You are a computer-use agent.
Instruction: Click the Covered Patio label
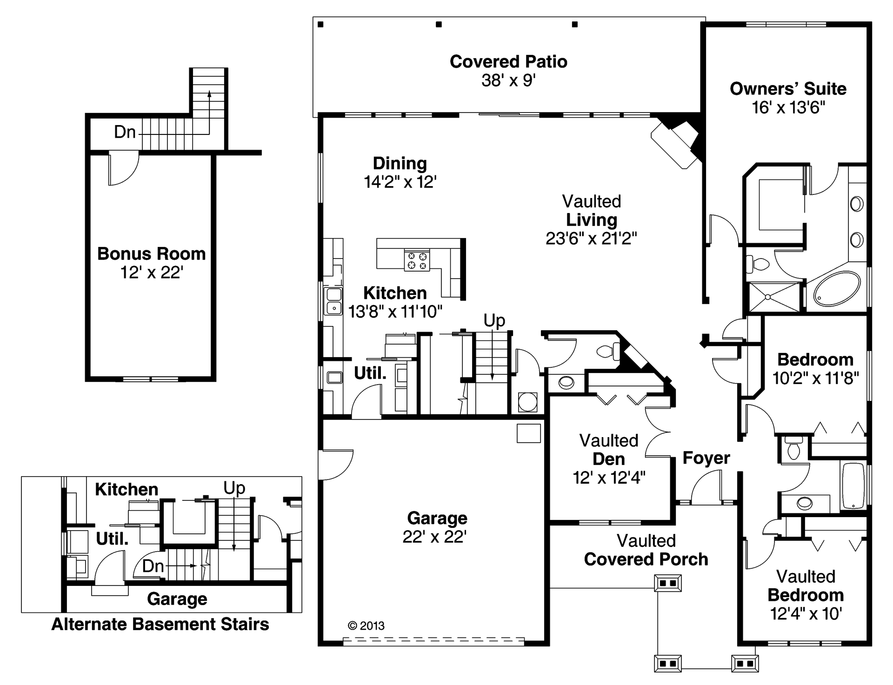click(508, 62)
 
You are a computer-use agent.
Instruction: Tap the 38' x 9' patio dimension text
click(508, 80)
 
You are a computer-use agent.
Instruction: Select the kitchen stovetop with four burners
click(417, 260)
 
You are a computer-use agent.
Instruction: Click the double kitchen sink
click(333, 300)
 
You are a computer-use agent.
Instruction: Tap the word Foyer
click(706, 458)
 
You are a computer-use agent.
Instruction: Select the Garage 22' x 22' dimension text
click(434, 537)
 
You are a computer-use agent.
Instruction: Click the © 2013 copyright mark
click(366, 625)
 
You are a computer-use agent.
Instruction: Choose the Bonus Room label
click(152, 254)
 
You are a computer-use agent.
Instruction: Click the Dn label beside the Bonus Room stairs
click(125, 133)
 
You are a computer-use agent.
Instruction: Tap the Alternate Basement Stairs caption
click(160, 624)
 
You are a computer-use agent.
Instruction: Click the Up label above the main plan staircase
click(494, 320)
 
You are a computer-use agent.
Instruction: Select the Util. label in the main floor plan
click(370, 373)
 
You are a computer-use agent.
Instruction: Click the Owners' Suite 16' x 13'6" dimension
click(788, 108)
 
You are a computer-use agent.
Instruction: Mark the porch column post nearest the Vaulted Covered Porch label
click(668, 583)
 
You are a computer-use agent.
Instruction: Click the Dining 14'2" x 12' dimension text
click(400, 182)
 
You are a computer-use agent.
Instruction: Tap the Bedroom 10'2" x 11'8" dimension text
click(815, 379)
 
